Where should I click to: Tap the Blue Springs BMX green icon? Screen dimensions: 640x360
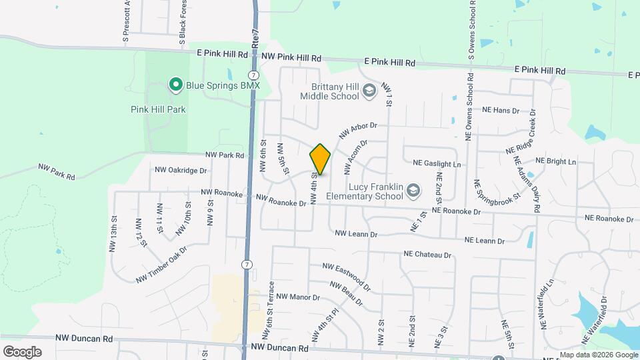175,84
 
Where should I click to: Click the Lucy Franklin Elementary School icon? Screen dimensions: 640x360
413,192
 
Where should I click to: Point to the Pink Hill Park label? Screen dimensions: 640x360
158,109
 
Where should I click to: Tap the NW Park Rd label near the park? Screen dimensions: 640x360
225,155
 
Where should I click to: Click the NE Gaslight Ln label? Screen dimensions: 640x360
437,163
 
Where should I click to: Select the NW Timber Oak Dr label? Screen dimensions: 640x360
161,265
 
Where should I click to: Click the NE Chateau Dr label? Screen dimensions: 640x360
427,254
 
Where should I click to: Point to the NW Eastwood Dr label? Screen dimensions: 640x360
346,277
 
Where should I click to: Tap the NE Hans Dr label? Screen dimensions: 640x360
500,110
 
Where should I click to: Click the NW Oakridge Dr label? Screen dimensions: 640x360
181,170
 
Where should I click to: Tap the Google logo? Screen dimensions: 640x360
22,351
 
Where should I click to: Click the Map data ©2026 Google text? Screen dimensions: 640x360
597,355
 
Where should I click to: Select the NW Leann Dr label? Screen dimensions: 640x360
356,234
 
